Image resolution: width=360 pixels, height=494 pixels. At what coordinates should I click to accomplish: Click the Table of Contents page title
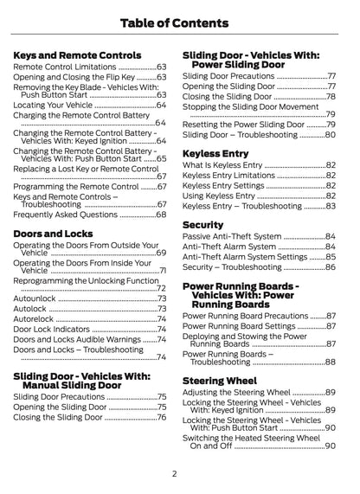(x=180, y=22)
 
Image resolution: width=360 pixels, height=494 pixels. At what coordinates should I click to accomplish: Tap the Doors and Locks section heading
(x=54, y=234)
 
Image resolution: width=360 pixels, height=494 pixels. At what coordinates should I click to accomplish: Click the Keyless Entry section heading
(x=216, y=153)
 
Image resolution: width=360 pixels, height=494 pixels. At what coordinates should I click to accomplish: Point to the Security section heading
(x=203, y=225)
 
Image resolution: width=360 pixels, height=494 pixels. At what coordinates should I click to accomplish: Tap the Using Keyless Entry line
(x=219, y=196)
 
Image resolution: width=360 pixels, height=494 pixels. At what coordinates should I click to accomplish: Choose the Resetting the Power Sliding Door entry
(x=243, y=124)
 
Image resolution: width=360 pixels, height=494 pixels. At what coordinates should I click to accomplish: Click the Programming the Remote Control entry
(x=75, y=186)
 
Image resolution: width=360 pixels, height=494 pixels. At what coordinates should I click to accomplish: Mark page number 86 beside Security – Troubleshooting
(x=330, y=267)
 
